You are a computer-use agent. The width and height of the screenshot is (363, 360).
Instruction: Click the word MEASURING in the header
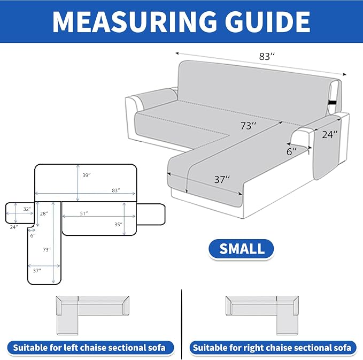135,21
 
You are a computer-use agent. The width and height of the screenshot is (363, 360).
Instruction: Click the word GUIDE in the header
267,21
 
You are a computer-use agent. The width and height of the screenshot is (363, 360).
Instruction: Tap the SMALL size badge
241,249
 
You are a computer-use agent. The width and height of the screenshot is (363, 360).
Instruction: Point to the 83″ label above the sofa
267,56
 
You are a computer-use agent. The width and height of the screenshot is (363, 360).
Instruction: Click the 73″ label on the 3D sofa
248,126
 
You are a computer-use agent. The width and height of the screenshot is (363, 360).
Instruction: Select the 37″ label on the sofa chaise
222,179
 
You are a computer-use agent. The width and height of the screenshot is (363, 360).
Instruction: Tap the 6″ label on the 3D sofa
291,152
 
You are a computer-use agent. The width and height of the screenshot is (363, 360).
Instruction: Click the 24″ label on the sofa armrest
330,134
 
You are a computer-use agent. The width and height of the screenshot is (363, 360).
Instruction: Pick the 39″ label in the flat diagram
87,175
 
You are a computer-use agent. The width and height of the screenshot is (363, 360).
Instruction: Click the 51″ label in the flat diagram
84,213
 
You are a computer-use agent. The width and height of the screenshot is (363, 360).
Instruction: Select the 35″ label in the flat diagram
118,225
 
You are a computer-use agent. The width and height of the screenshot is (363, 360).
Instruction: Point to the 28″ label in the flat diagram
44,213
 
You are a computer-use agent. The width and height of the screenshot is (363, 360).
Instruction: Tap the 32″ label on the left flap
27,209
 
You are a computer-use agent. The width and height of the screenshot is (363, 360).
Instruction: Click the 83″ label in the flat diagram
116,190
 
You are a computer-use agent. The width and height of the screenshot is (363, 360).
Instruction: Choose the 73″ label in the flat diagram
47,250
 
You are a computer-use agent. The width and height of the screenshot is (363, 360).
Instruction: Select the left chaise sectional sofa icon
92,315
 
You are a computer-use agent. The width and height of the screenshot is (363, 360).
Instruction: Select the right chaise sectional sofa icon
262,315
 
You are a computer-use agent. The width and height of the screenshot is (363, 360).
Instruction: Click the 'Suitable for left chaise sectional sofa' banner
90,348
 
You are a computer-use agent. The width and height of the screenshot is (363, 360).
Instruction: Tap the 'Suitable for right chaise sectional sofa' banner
273,348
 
